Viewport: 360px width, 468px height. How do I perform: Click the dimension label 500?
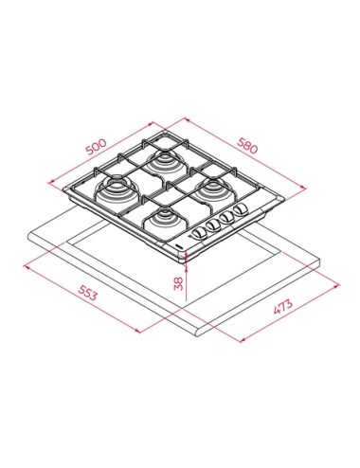[x=97, y=147]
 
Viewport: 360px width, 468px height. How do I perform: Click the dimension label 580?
[x=247, y=146]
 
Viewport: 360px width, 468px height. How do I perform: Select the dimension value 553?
[x=87, y=293]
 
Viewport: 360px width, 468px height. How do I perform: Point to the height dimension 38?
[x=178, y=283]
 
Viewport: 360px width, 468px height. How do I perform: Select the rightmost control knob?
[x=241, y=208]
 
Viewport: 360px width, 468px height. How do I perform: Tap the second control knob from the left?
[x=213, y=225]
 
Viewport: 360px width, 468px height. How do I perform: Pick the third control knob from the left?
[x=227, y=217]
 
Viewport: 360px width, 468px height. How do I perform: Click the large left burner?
[x=116, y=190]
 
